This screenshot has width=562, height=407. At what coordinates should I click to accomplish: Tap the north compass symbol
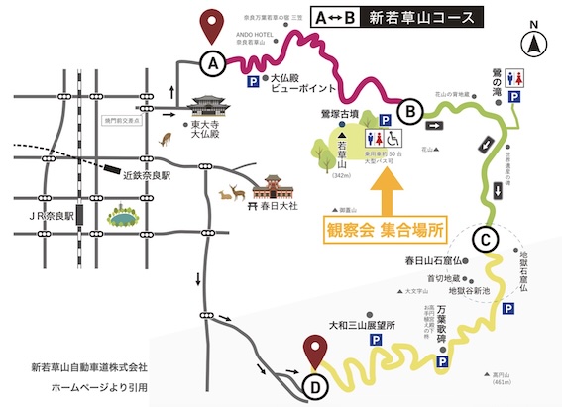tap(535, 41)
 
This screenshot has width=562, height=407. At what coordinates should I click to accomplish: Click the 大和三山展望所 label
tap(361, 324)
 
